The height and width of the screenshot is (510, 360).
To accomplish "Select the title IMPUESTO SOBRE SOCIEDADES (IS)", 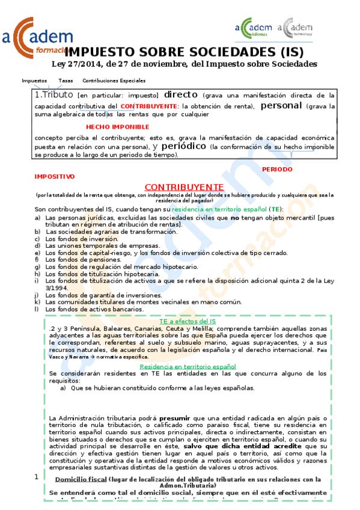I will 180,52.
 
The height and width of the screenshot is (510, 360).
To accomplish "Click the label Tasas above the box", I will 66,80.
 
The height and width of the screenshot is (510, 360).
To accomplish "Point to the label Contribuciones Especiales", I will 114,80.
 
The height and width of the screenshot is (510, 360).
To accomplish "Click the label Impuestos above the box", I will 34,80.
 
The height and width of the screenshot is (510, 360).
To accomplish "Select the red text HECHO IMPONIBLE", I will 118,127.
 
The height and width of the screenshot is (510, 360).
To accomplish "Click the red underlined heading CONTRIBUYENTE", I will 184,187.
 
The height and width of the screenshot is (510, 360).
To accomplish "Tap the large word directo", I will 181,94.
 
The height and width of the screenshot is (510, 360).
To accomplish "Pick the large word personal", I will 281,105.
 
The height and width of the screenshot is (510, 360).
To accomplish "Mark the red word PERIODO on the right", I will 278,169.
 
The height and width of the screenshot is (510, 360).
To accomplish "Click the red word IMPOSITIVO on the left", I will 55,177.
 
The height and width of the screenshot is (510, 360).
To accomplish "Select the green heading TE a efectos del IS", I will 187,322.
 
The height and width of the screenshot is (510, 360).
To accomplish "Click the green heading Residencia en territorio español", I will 188,366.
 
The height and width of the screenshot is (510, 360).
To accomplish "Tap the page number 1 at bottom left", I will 37,477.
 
